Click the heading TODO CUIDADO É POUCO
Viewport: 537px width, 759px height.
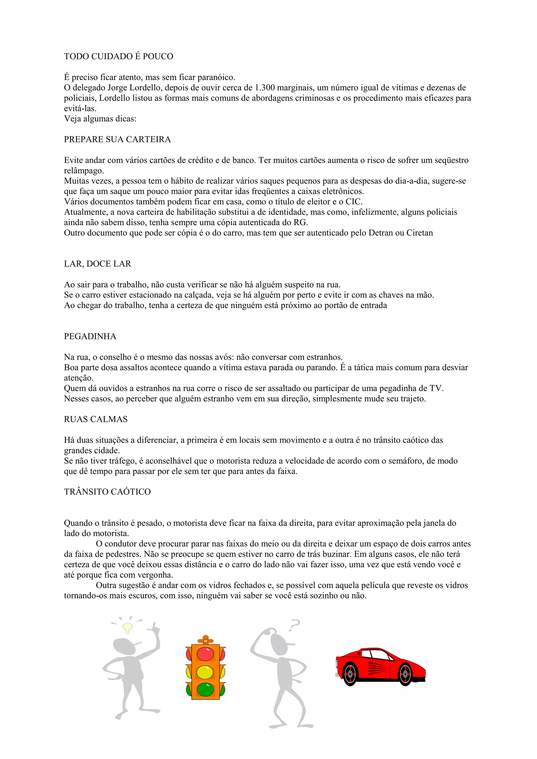coord(119,57)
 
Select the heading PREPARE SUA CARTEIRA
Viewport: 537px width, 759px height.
coord(117,139)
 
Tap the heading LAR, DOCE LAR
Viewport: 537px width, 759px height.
coord(98,264)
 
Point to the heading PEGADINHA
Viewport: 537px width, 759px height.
coord(90,336)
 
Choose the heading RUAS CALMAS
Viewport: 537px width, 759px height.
coord(96,419)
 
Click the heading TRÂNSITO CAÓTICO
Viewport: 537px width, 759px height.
coord(107,492)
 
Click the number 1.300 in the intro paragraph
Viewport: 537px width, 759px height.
coord(265,88)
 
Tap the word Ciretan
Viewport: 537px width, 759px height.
coord(419,233)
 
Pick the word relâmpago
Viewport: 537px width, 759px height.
coord(84,171)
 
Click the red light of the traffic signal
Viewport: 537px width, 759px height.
coord(206,653)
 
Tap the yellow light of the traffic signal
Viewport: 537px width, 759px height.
coord(206,671)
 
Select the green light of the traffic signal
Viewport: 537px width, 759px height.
coord(206,690)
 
